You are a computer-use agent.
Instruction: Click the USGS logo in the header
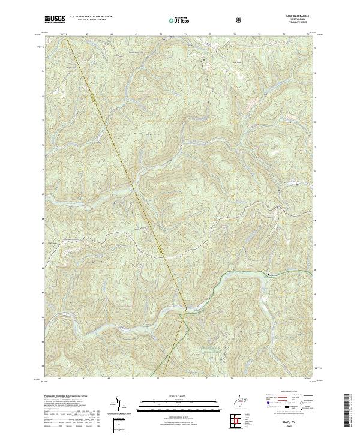tap(55, 19)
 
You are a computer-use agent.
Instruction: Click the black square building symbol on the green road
tap(268, 274)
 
